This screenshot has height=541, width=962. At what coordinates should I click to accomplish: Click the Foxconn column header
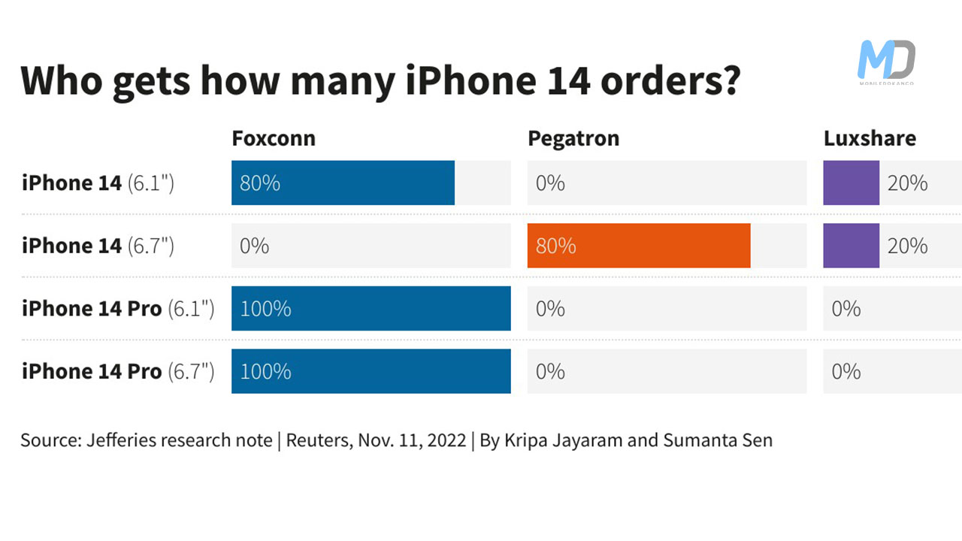[274, 139]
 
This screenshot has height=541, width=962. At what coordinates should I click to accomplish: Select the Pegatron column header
[573, 139]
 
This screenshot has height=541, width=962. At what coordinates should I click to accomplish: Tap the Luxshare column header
[870, 139]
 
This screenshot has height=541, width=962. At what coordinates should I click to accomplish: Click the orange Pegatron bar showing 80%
[639, 246]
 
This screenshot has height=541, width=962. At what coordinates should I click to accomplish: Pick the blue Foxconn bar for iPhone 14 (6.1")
[343, 183]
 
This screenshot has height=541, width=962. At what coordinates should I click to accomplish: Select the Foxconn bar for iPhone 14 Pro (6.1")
[371, 308]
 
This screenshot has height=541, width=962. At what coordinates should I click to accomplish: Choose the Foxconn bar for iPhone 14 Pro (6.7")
[371, 371]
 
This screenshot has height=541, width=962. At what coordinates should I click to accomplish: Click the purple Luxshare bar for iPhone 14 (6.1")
[851, 183]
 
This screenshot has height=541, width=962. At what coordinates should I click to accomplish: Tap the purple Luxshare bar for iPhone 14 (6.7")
[851, 246]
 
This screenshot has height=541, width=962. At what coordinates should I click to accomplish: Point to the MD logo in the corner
[887, 62]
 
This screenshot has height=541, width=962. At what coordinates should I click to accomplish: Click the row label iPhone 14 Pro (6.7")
[118, 371]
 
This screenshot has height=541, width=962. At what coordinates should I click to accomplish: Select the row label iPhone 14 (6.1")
[98, 183]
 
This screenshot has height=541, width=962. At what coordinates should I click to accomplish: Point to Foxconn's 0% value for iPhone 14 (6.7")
[254, 246]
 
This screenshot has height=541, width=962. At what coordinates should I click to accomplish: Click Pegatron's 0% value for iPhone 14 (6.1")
[550, 183]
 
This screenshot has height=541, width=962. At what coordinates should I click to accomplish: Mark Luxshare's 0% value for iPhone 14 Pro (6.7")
[846, 371]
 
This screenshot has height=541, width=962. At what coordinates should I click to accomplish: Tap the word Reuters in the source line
[316, 440]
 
